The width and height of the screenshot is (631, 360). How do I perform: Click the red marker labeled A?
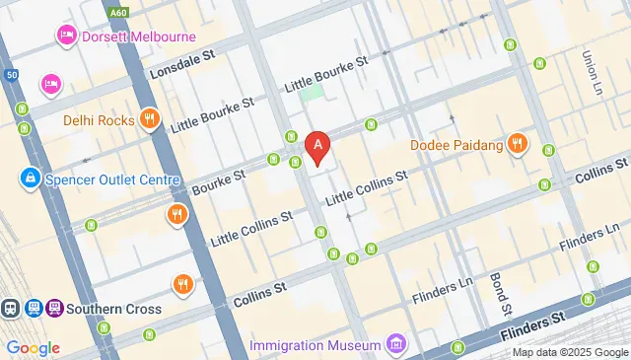[317, 148]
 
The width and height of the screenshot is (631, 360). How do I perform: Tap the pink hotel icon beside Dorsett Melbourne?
[66, 37]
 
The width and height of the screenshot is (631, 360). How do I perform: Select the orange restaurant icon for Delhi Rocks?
[149, 119]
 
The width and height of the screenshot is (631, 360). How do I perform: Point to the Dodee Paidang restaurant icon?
[519, 146]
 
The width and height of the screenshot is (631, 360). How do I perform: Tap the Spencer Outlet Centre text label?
[112, 180]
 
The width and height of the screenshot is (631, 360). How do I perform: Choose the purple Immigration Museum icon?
[395, 344]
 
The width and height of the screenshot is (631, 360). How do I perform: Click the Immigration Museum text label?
[315, 345]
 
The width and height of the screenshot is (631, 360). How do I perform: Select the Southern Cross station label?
[115, 309]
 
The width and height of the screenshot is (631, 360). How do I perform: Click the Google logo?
[34, 347]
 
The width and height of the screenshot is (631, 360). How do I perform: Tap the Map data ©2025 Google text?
[569, 352]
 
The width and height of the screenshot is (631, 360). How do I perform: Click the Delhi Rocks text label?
[99, 120]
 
